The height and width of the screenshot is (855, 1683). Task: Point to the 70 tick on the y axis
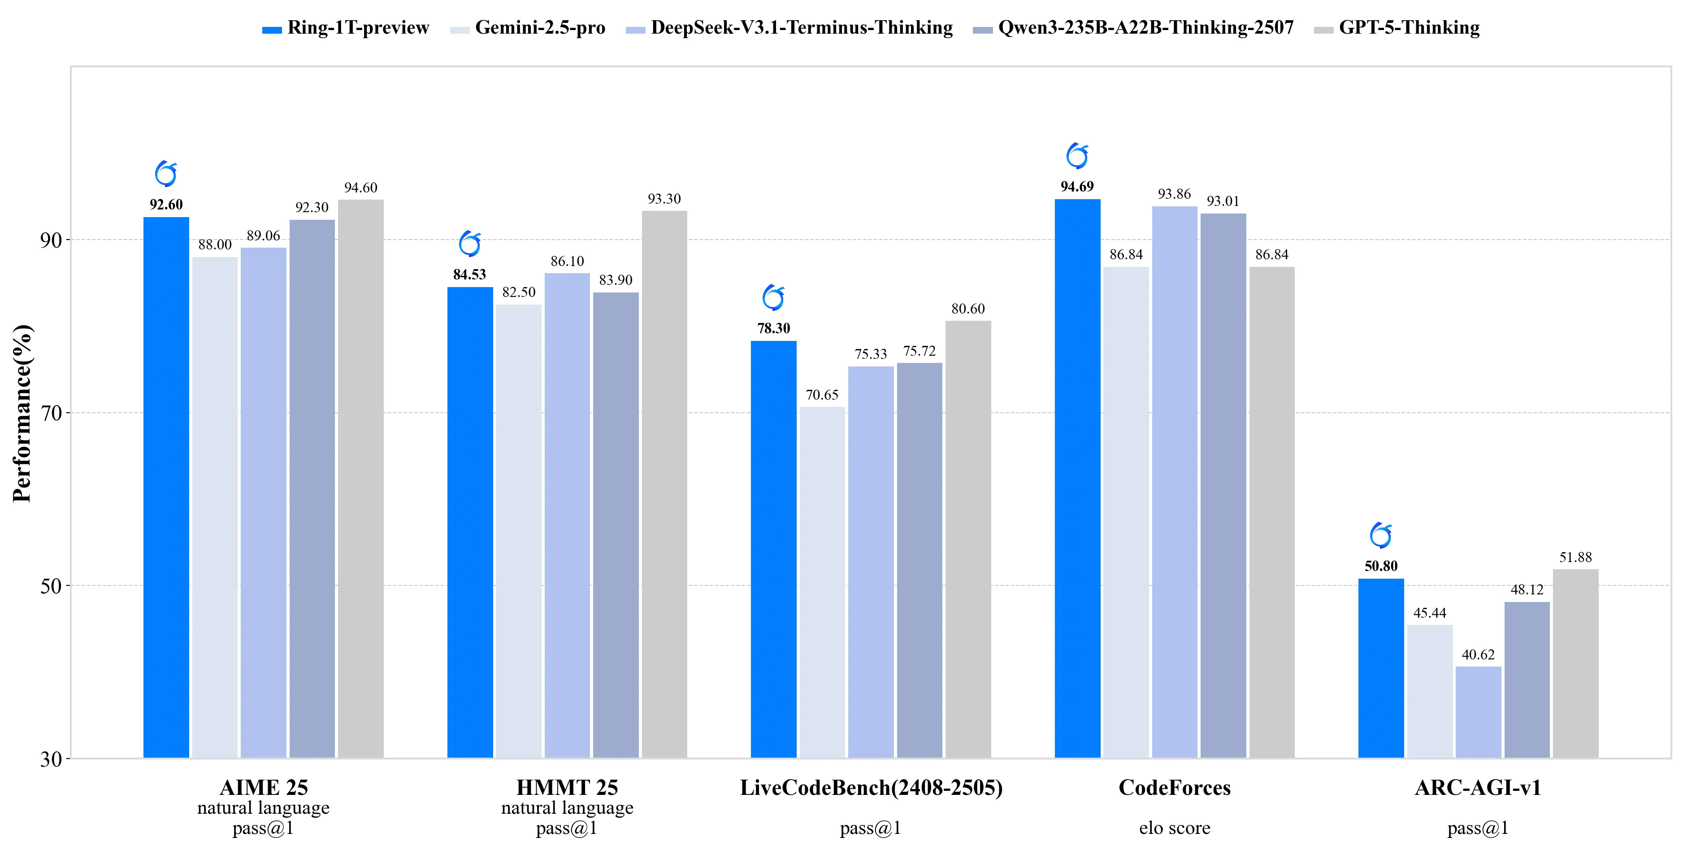click(x=51, y=413)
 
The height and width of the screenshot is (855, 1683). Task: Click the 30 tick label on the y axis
click(x=51, y=759)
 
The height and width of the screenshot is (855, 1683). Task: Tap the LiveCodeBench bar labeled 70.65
click(x=822, y=582)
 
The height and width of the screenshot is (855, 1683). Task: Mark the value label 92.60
click(x=166, y=205)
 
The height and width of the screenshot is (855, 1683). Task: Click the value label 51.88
click(x=1575, y=558)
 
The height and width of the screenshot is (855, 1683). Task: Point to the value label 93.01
click(x=1223, y=201)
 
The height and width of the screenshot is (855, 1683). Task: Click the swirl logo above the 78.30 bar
click(x=773, y=298)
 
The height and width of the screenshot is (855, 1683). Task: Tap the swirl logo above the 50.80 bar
click(x=1380, y=536)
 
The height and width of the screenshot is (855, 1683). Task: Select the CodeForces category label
click(x=1174, y=788)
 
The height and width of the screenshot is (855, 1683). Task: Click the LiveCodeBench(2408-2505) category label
click(x=871, y=788)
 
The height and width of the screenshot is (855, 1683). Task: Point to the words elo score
click(x=1174, y=828)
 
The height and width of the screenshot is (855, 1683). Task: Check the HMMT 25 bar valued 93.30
click(x=664, y=484)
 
